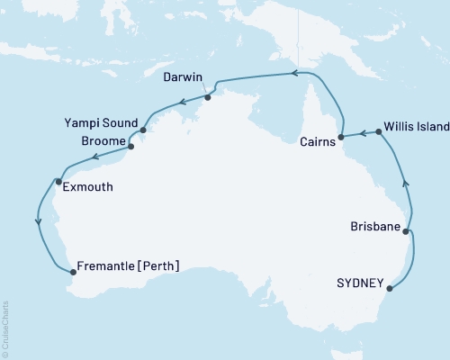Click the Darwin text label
point(187,78)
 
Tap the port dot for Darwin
point(207,98)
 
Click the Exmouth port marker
point(58,182)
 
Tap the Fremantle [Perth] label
point(130,265)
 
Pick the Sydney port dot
point(392,288)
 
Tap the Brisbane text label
point(374,227)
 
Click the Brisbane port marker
point(406,232)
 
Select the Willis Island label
point(416,127)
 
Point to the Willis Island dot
point(378,132)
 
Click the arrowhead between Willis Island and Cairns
point(362,133)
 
